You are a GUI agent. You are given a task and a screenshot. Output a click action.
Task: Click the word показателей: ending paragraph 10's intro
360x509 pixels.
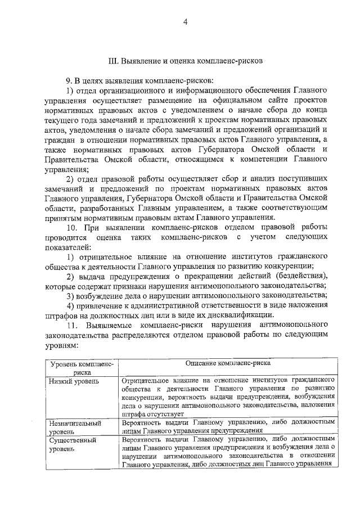pos(67,246)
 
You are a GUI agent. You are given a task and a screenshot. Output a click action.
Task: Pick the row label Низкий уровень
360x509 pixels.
pos(75,381)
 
